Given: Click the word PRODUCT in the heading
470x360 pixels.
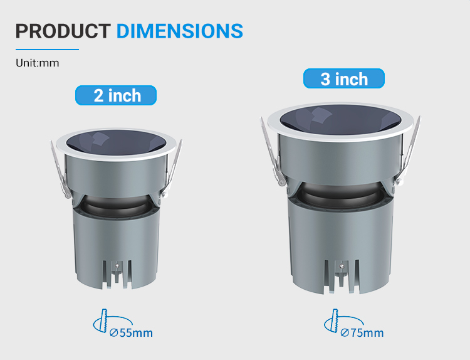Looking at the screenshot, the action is pyautogui.click(x=63, y=31).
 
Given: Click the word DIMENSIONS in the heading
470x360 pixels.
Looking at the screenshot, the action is pyautogui.click(x=180, y=31).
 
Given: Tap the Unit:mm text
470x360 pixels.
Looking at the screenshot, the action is pyautogui.click(x=38, y=63).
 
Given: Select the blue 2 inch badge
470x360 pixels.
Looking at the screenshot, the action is pyautogui.click(x=116, y=95).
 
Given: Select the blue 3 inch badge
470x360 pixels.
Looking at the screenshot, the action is pyautogui.click(x=344, y=78).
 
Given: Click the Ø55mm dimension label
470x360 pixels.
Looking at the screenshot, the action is pyautogui.click(x=132, y=332).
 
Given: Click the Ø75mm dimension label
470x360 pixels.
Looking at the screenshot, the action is pyautogui.click(x=362, y=332).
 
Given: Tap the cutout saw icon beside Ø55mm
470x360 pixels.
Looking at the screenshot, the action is pyautogui.click(x=103, y=321).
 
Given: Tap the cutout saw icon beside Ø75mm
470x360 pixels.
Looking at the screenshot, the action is pyautogui.click(x=335, y=321).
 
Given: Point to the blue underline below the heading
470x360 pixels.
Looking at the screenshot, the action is pyautogui.click(x=48, y=50).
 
